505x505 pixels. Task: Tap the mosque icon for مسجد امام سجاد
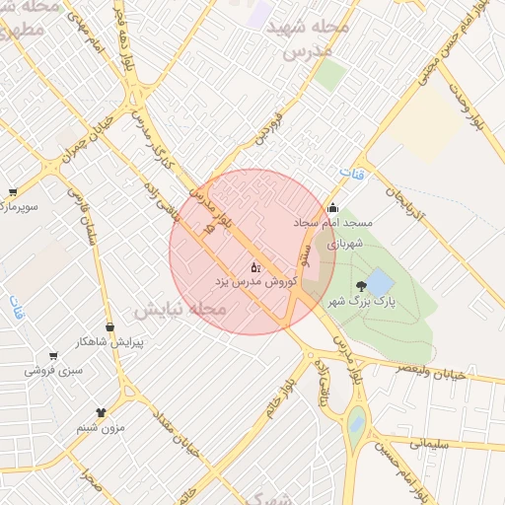[332, 207]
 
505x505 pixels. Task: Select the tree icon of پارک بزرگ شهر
[374, 286]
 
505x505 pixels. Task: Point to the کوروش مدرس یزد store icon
[255, 266]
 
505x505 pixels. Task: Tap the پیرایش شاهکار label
[111, 342]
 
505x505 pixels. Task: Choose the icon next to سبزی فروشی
[53, 356]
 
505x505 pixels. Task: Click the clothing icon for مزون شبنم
[101, 410]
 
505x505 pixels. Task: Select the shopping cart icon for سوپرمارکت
[12, 192]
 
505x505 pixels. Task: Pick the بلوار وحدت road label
[469, 103]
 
